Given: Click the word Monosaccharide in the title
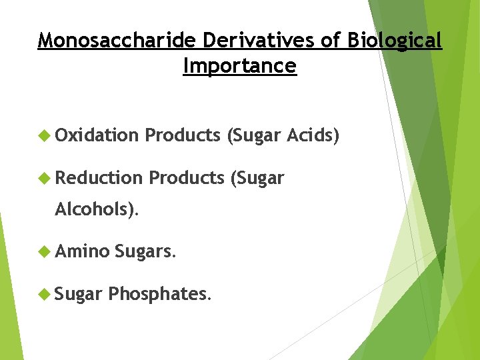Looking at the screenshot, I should [117, 41].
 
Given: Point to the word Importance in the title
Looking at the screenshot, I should [239, 66].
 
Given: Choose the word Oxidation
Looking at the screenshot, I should [97, 136].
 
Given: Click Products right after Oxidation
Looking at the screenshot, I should [183, 136].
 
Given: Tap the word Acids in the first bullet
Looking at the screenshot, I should [313, 136].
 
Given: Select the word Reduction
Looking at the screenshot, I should [99, 178].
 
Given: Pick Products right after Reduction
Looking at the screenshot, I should [186, 178].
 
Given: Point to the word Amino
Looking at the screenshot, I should [82, 251].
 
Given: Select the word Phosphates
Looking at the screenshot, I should [159, 293].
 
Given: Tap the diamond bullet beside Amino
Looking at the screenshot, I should [45, 251].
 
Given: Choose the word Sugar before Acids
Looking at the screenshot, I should [254, 137].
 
